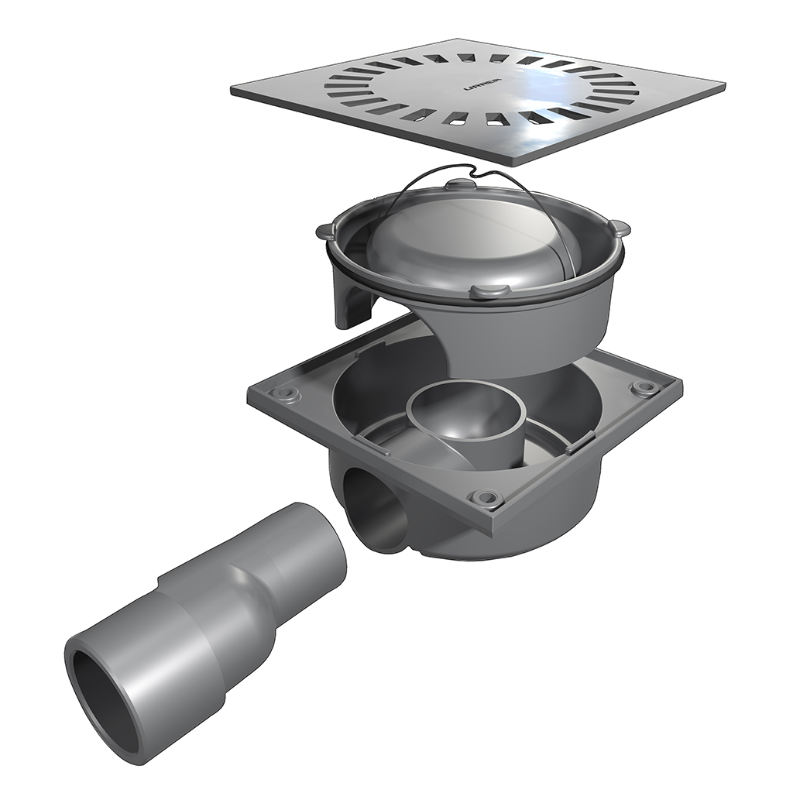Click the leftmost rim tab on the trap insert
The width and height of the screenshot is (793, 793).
coord(324,230)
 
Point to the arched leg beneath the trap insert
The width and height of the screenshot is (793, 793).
coord(352,298)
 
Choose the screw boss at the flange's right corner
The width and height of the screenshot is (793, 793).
coord(641,386)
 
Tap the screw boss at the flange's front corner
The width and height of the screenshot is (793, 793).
coord(486,497)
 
